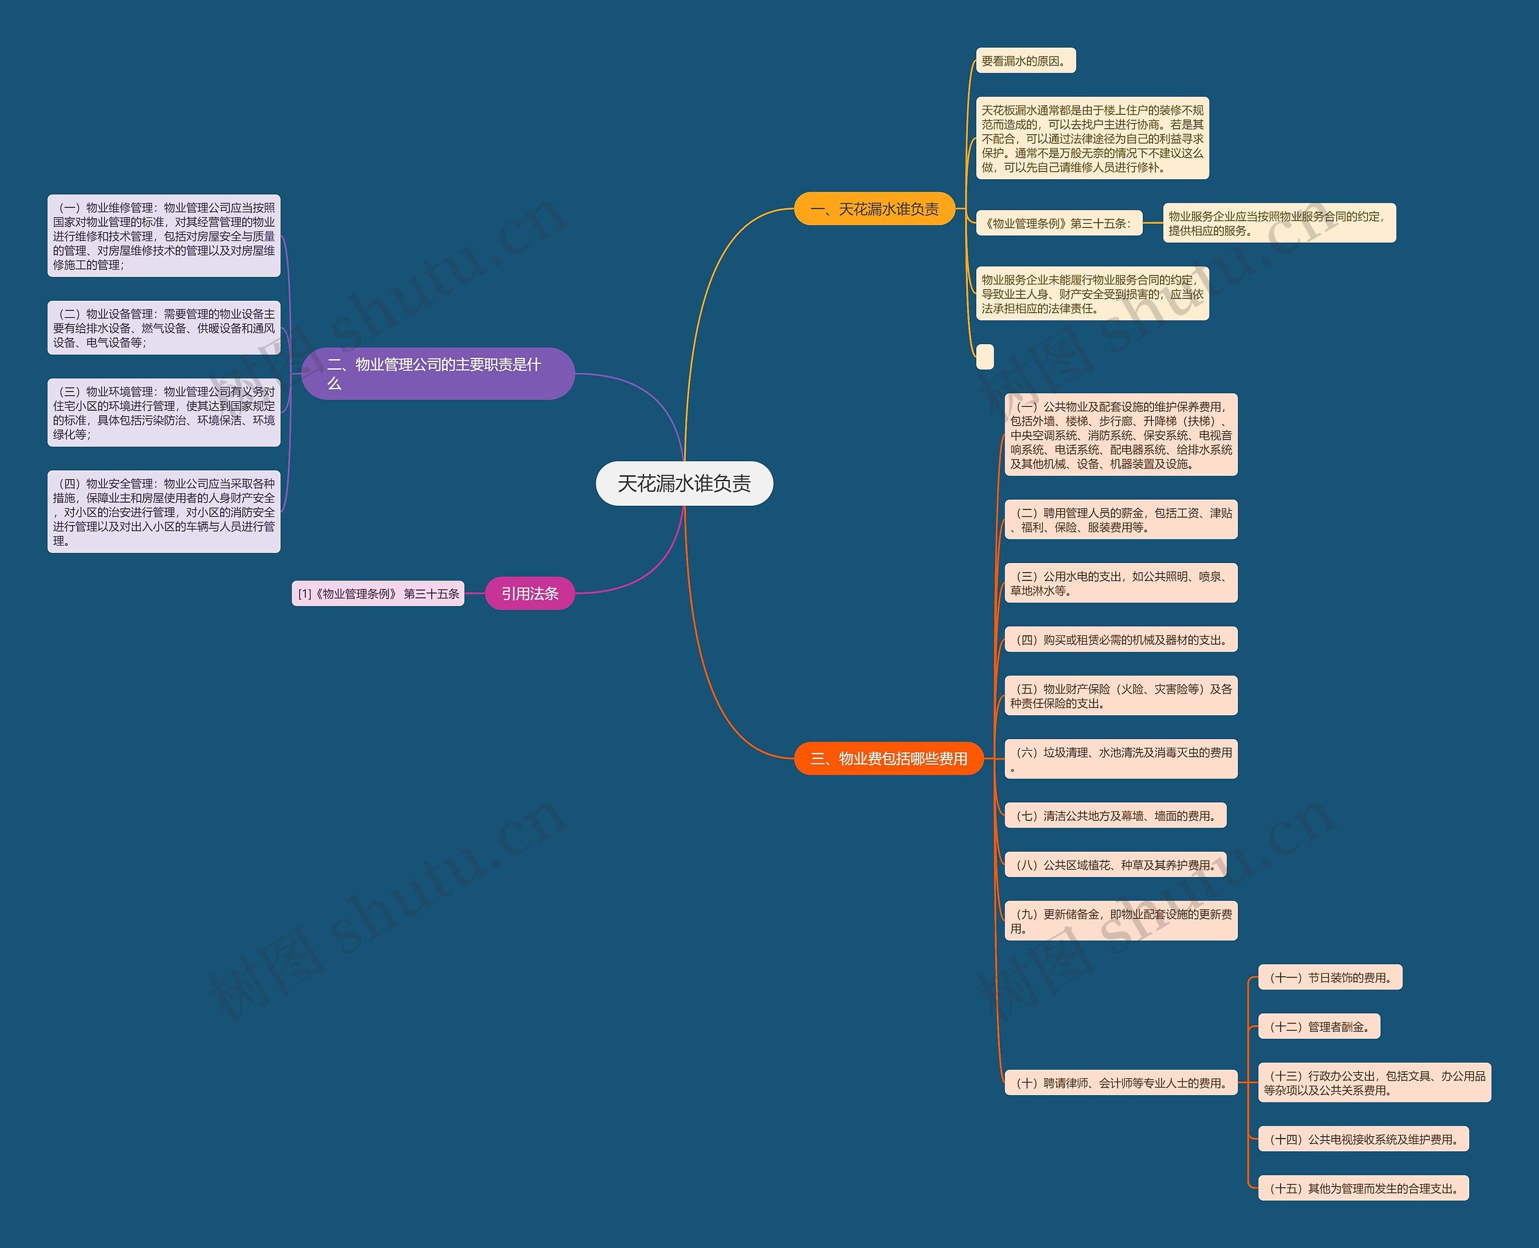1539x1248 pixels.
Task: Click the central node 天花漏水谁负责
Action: (x=684, y=484)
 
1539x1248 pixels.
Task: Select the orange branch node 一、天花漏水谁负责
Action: (x=874, y=209)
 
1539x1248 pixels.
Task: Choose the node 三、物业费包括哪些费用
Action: (x=888, y=758)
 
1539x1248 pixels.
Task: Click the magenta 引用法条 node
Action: (x=530, y=594)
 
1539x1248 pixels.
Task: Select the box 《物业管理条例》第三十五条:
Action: (x=1058, y=224)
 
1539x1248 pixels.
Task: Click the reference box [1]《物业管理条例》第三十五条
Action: (x=378, y=594)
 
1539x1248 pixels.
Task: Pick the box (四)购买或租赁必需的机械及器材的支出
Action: (x=1120, y=640)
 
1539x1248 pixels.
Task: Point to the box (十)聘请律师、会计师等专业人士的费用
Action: (x=1120, y=1083)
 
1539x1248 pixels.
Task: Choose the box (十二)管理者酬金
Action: (x=1319, y=1027)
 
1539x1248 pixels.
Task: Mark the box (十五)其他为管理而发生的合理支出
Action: (x=1363, y=1188)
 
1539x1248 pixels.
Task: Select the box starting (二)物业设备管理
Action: (x=164, y=328)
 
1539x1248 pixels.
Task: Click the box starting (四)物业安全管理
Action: (x=164, y=512)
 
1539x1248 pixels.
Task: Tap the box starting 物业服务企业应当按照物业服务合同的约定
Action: (x=1279, y=224)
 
